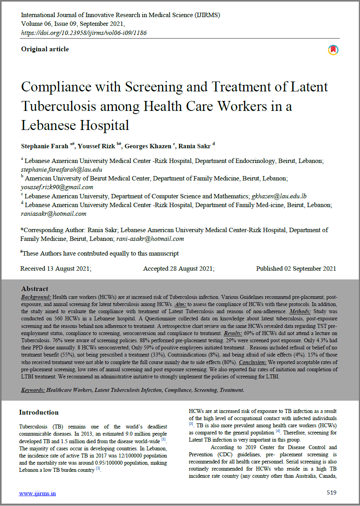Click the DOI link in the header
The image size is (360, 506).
coord(84,33)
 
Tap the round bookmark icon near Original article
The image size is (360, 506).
coord(333,50)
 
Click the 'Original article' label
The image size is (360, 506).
coord(45,49)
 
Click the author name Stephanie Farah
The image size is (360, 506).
coord(45,146)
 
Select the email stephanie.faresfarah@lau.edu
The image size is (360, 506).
coord(61,169)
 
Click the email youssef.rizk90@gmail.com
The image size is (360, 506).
coord(57,187)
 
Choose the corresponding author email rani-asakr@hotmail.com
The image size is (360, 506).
coord(150,239)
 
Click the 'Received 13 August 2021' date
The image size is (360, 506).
coord(56,269)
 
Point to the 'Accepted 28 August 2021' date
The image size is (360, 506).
coord(179,269)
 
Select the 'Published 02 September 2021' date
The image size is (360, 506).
coord(296,269)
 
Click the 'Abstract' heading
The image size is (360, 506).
coord(35,289)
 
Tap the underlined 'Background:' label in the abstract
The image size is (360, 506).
coord(36,297)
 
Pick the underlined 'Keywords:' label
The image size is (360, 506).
coord(33,390)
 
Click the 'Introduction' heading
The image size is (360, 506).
coord(39,413)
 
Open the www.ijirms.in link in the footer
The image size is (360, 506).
coord(38,493)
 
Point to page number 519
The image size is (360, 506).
coord(331,492)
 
